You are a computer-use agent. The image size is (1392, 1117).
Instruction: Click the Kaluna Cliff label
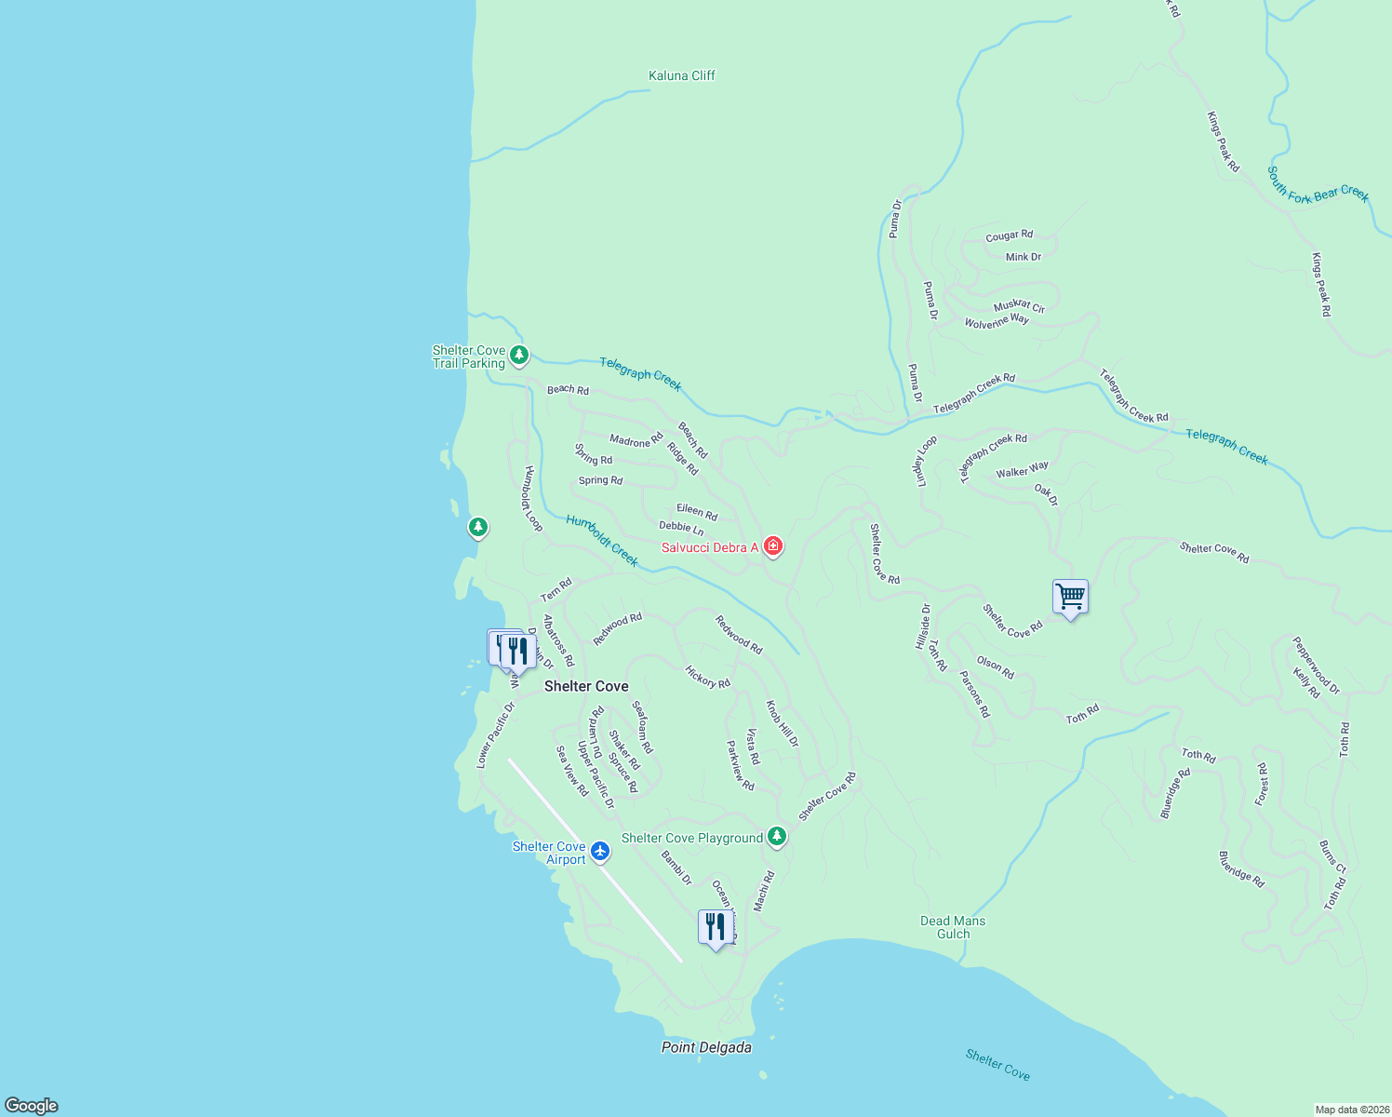click(x=681, y=75)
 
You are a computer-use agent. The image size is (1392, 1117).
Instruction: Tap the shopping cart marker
click(x=1070, y=596)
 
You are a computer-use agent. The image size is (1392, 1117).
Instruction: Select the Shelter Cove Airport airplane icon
click(x=600, y=851)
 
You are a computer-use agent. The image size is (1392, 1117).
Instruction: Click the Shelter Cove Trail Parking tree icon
click(x=519, y=355)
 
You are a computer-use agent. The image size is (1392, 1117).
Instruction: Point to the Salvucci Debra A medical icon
click(x=772, y=546)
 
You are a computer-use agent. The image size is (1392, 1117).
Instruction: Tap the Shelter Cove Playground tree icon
click(x=777, y=837)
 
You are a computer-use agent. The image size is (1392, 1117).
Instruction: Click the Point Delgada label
click(x=706, y=1047)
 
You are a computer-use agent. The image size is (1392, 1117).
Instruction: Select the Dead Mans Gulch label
click(x=953, y=927)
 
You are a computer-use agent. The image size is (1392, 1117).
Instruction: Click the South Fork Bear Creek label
click(x=1318, y=184)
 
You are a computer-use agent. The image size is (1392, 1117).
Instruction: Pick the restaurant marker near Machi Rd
click(x=715, y=927)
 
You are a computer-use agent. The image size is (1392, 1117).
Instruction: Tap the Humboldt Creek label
click(x=602, y=541)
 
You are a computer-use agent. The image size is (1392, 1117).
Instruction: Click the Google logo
click(x=32, y=1106)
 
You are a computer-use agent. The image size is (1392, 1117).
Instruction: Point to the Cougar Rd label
click(x=1009, y=236)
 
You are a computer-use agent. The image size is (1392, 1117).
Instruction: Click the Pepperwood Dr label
click(x=1316, y=665)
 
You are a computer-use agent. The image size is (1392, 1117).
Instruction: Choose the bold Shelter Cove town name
click(x=586, y=686)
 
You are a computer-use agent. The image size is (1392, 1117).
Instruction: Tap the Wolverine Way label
click(x=997, y=322)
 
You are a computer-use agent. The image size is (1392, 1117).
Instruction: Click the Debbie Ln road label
click(x=681, y=528)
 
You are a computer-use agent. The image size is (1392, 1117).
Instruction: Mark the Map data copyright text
click(x=1351, y=1110)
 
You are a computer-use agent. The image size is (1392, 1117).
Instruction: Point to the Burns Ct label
click(x=1332, y=857)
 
